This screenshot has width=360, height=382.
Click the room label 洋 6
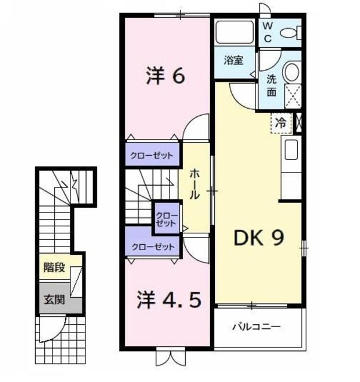(x=167, y=76)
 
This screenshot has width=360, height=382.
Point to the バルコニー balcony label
(x=256, y=327)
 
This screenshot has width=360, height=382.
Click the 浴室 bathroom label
(x=233, y=60)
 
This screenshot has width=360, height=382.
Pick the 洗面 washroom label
(x=272, y=85)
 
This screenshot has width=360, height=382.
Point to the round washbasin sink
(x=291, y=73)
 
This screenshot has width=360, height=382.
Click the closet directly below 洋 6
(x=152, y=155)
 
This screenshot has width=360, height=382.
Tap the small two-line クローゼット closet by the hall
(x=167, y=219)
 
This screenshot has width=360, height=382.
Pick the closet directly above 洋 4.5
(x=152, y=246)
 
